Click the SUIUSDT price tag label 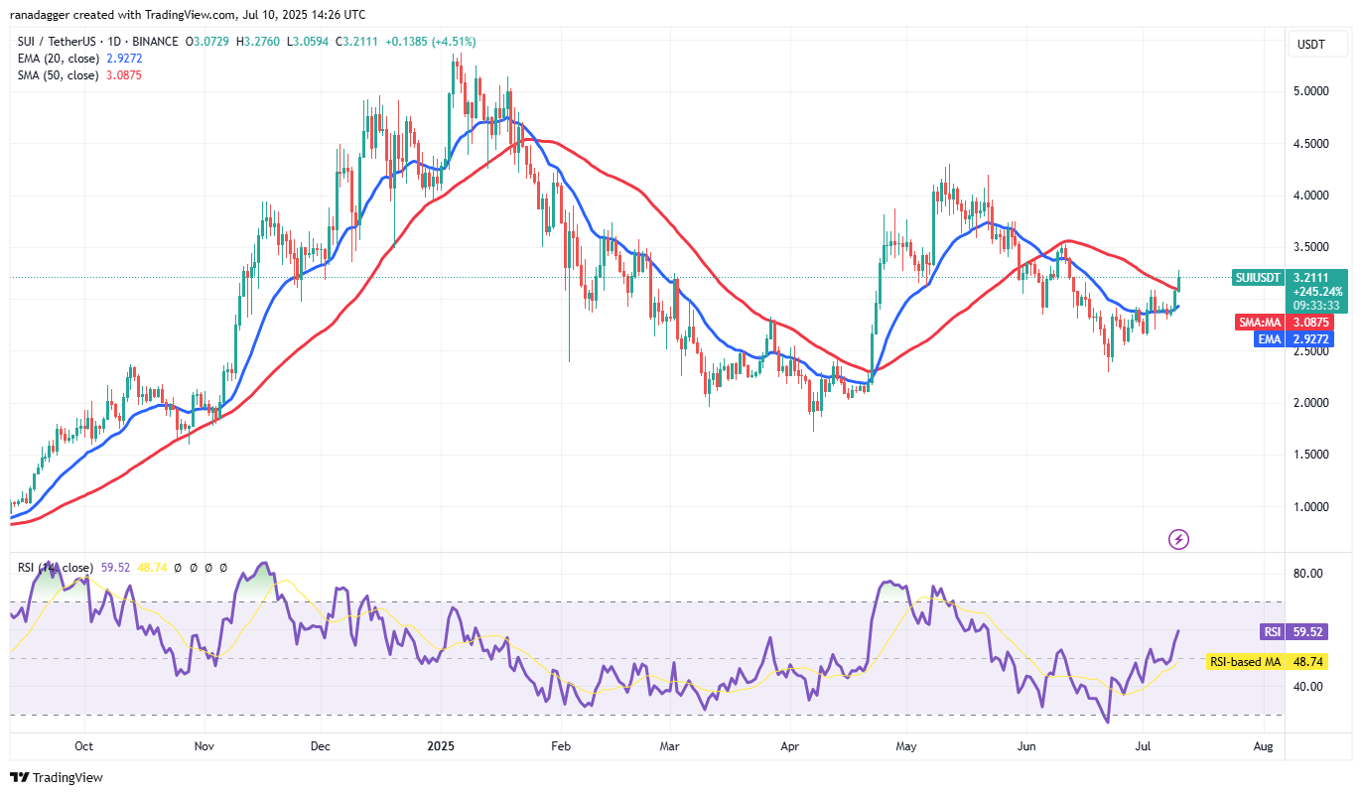1260,278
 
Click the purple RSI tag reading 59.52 1273,631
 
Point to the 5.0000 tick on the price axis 1312,91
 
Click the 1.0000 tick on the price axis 1312,506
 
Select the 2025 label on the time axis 438,744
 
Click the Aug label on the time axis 1263,744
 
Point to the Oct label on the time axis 83,744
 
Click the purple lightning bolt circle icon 1178,539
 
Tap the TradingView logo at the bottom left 57,777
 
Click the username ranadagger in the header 46,15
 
